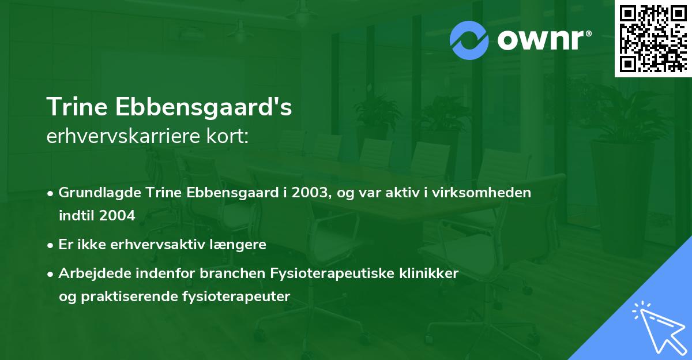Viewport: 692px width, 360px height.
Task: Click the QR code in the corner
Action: [x=653, y=38]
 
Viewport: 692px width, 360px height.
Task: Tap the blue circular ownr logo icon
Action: [x=469, y=40]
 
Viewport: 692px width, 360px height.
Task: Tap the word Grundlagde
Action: [x=91, y=193]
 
